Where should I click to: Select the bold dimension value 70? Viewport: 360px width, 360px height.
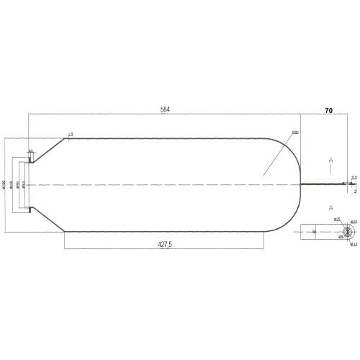tap(328, 112)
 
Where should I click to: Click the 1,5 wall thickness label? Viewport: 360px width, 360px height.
tap(70, 134)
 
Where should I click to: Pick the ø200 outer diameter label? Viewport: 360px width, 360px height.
tap(5, 185)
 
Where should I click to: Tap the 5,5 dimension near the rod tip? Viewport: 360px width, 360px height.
tap(354, 177)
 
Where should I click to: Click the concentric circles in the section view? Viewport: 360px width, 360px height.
tap(346, 232)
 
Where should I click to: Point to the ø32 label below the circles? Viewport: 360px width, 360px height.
tap(354, 244)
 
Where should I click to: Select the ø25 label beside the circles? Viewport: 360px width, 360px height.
tap(336, 218)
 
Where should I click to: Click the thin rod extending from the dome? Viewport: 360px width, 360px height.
tap(324, 185)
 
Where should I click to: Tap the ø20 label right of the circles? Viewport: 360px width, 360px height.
tap(354, 222)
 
